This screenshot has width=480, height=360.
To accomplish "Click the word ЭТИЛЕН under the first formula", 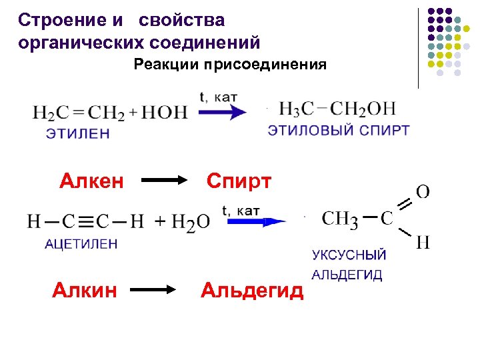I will (78, 133).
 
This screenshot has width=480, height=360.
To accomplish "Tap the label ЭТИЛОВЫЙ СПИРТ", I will (339, 130).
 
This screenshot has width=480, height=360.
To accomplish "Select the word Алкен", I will (91, 181).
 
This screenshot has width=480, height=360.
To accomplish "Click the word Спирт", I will (239, 181).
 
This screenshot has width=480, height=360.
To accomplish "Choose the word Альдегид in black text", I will (252, 290).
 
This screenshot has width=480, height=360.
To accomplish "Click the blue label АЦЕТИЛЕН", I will (81, 244).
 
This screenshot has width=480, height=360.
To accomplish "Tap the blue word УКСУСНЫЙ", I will (349, 255).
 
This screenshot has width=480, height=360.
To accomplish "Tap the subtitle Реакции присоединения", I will (230, 65).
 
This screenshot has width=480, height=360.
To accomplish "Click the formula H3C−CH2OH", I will (337, 109).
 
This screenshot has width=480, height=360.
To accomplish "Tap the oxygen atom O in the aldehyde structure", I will (423, 192).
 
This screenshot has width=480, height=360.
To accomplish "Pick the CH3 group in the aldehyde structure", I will (340, 219).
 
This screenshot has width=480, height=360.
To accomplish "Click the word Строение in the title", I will (60, 20).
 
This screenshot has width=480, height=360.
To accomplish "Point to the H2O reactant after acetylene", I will (191, 222).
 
